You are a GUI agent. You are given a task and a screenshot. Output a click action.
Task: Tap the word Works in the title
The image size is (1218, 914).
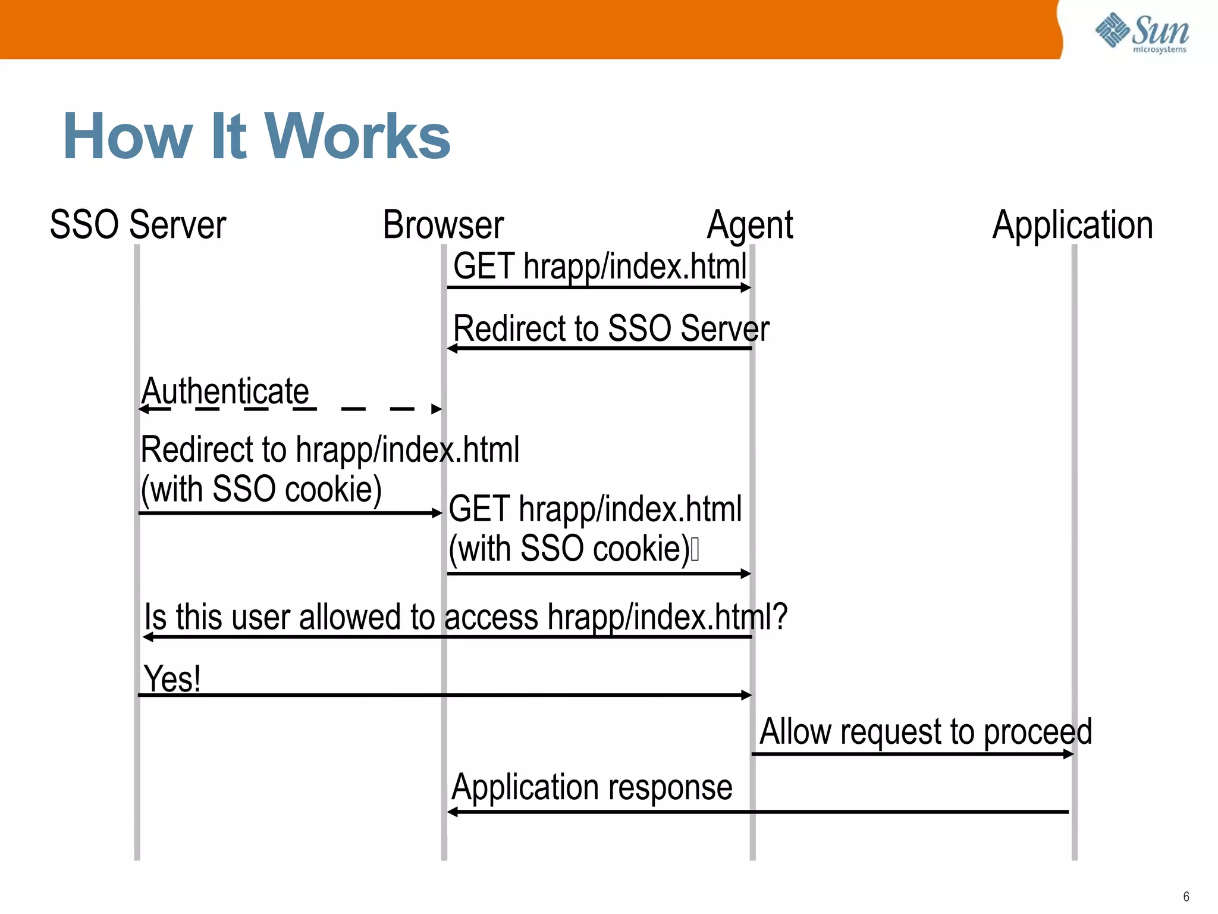tap(357, 137)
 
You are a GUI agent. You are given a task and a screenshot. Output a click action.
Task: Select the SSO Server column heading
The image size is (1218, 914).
tap(138, 225)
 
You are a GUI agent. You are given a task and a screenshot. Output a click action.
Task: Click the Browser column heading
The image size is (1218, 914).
tap(443, 225)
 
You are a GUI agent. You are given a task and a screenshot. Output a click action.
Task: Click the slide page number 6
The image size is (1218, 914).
tap(1186, 896)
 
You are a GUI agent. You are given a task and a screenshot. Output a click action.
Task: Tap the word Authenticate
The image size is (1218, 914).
tap(225, 391)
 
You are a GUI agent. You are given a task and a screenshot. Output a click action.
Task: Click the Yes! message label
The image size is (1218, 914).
tap(172, 678)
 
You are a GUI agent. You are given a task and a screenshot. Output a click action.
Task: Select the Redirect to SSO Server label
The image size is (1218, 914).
tap(611, 328)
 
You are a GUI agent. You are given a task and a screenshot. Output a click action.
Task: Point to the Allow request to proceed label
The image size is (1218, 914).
tap(925, 731)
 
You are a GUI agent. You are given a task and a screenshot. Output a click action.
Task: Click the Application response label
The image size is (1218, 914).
tap(592, 787)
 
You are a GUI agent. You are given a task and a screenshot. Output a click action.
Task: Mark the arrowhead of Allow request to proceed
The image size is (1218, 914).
tap(1069, 754)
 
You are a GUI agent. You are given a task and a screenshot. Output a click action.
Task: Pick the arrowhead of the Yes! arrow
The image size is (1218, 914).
tap(747, 694)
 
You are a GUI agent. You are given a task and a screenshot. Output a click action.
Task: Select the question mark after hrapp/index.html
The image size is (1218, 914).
tap(780, 616)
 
